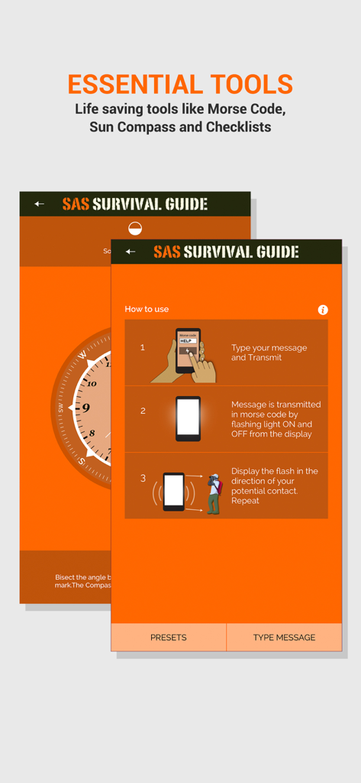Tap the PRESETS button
click(x=168, y=637)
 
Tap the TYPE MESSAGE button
click(x=284, y=637)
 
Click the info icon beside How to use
click(x=323, y=310)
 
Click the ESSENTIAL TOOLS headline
click(x=180, y=84)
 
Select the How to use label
click(x=147, y=309)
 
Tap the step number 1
click(x=143, y=348)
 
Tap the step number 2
click(x=143, y=411)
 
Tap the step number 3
click(x=143, y=479)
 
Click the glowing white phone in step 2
click(x=188, y=418)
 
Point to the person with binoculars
click(x=214, y=493)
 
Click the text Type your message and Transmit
click(x=269, y=353)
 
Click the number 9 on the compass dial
click(x=85, y=408)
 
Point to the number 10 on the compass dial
click(x=92, y=383)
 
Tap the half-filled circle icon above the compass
click(x=135, y=227)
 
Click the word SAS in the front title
click(x=166, y=252)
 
